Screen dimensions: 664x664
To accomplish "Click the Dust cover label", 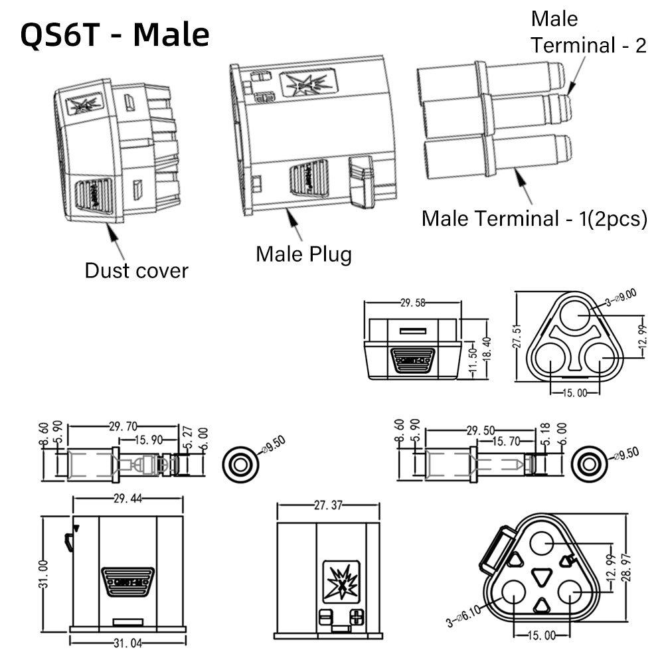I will [x=136, y=270].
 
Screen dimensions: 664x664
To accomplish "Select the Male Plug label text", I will [x=303, y=253].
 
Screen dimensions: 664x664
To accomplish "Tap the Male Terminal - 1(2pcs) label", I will [x=534, y=218].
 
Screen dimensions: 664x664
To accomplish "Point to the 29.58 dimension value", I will [x=413, y=303].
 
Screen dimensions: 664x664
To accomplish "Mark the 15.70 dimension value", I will [x=505, y=440].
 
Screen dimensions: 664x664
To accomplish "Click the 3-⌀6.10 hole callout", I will [x=469, y=614].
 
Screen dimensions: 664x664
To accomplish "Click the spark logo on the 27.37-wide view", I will [x=341, y=580].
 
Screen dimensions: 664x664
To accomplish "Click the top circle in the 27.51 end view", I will [x=576, y=316].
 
